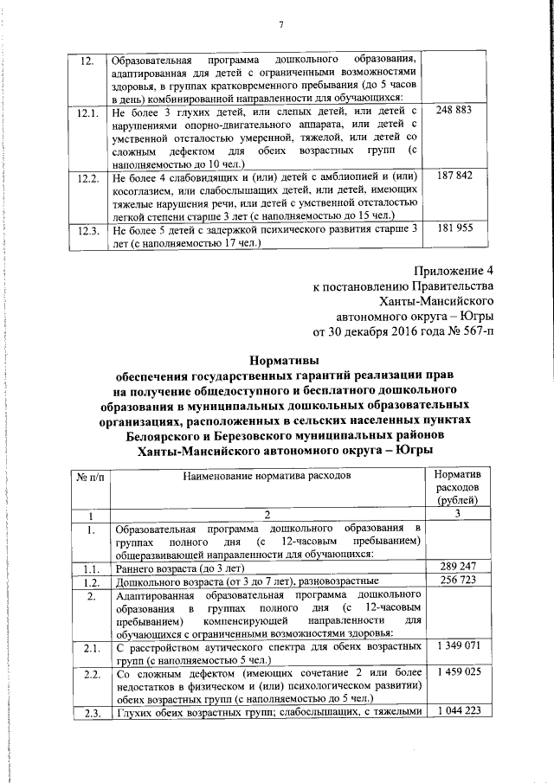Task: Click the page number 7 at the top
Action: [281, 23]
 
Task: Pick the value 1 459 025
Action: [458, 671]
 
